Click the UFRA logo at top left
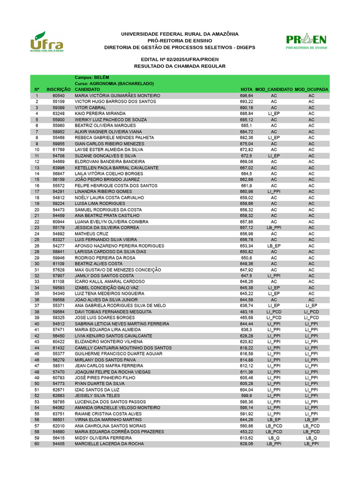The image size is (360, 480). click(46, 42)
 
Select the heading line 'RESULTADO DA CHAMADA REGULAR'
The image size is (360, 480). click(180, 67)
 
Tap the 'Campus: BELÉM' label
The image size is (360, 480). click(92, 77)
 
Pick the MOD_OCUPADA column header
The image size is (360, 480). click(311, 89)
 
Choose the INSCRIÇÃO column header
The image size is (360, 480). click(59, 89)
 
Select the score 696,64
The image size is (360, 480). click(247, 96)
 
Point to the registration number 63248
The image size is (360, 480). click(59, 113)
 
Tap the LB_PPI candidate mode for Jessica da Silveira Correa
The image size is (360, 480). click(274, 227)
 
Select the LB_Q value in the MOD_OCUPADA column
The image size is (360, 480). click(311, 437)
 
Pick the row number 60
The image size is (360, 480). click(37, 443)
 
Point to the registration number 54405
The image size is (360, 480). click(59, 443)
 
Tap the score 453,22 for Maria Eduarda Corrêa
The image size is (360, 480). click(247, 431)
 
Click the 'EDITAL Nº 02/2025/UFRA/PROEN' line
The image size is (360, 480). click(180, 60)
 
